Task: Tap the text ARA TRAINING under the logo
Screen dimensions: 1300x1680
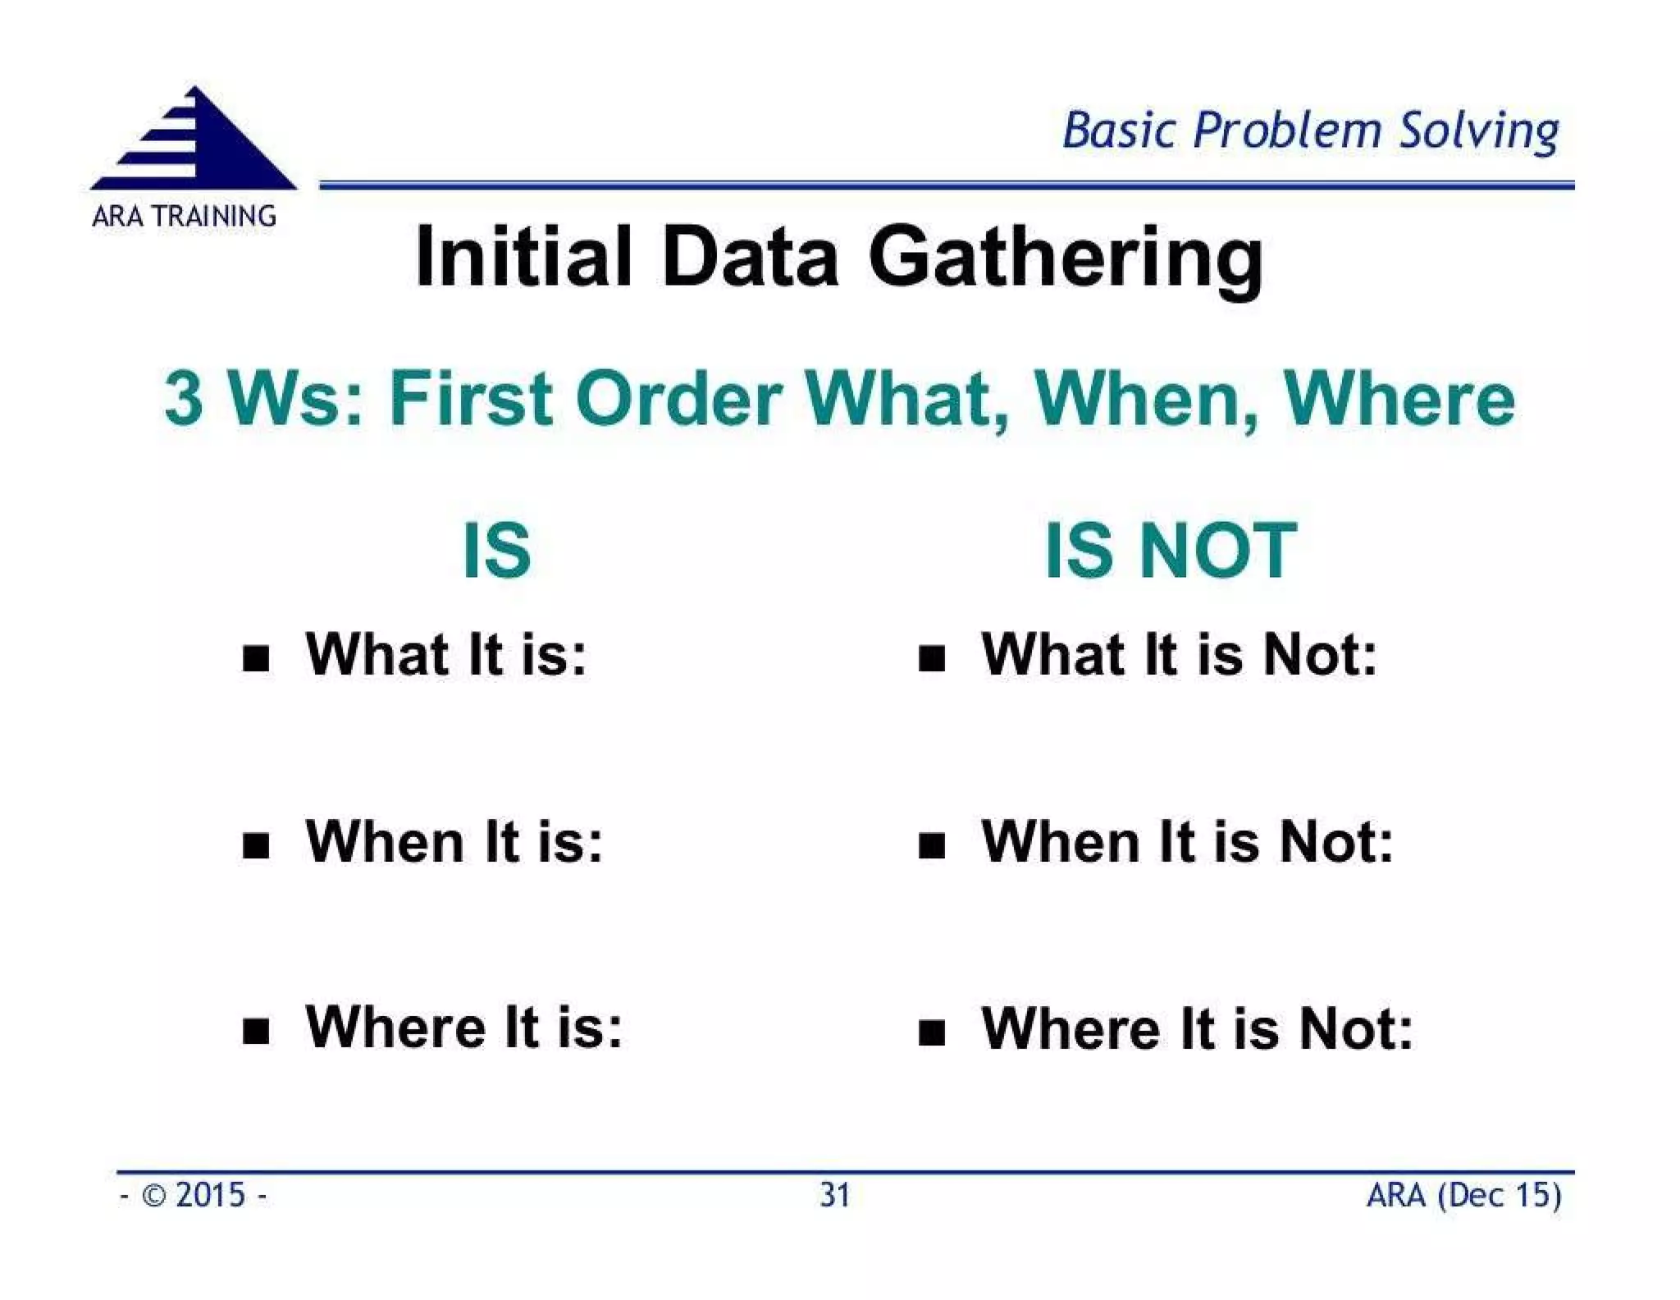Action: (x=184, y=217)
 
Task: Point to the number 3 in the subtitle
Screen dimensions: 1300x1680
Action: (x=184, y=399)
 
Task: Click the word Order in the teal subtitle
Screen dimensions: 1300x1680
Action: (x=678, y=399)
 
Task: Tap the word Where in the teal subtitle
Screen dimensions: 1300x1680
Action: (x=1399, y=399)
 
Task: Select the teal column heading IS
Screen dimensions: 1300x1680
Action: (x=497, y=551)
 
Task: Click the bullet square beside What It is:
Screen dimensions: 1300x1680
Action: (x=257, y=658)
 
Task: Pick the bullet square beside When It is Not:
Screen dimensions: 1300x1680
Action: (x=932, y=845)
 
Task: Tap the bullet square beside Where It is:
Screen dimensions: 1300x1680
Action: (x=257, y=1031)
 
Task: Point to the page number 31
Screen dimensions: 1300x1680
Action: (x=835, y=1196)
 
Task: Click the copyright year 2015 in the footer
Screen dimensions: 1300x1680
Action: (x=210, y=1196)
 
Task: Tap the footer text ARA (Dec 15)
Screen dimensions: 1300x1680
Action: (x=1463, y=1196)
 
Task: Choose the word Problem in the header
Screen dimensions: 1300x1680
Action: (x=1287, y=131)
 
